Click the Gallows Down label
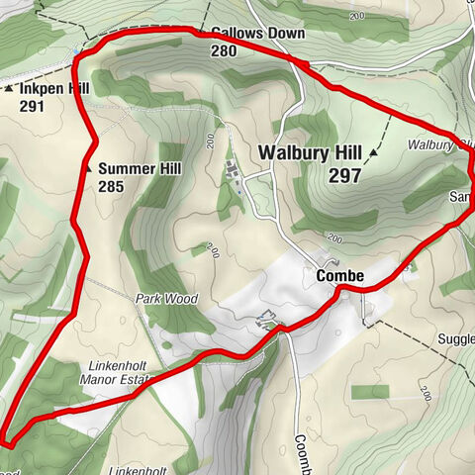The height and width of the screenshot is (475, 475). (257, 34)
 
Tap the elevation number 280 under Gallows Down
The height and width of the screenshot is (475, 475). (224, 49)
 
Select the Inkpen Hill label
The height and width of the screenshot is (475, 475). (53, 88)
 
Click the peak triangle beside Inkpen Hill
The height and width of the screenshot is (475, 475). (9, 89)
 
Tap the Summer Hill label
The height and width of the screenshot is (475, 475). (140, 168)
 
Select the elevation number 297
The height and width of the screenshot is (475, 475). (341, 174)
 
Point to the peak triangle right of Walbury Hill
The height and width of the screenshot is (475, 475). (375, 153)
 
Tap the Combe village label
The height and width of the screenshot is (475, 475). (340, 275)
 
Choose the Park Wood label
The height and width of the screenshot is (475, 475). (167, 298)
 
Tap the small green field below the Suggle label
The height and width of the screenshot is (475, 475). (372, 392)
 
